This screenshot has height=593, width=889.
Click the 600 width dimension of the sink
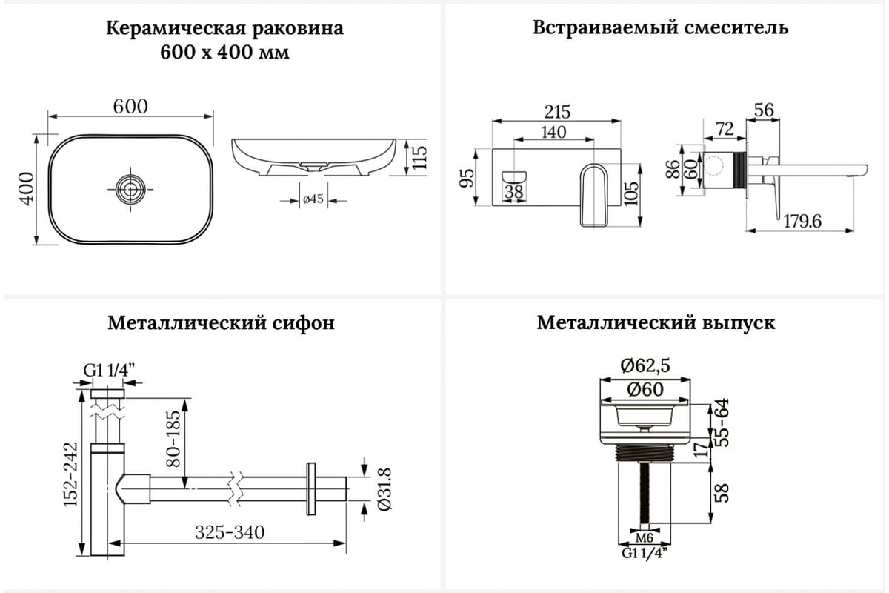point(130,107)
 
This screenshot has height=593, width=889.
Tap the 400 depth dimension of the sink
point(27,189)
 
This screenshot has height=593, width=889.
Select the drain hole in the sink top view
point(130,190)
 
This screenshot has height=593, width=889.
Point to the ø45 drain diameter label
point(313,199)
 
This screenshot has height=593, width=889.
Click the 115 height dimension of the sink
point(419,157)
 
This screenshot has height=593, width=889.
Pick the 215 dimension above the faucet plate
point(557,112)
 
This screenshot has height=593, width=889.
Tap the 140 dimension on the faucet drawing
point(553,132)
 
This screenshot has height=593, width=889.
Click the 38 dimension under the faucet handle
point(514,192)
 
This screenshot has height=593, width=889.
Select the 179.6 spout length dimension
point(802,221)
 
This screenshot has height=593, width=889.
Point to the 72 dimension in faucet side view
point(725,129)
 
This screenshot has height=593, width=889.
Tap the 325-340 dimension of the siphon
point(230,532)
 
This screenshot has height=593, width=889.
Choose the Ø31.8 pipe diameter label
point(384,489)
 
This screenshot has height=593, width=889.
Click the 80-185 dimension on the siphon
point(173,439)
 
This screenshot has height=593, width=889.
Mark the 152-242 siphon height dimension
point(71,474)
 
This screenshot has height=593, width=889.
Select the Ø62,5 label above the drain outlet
point(645,365)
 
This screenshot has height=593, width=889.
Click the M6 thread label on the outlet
point(644,538)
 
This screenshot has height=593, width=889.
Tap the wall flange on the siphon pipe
point(311,489)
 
